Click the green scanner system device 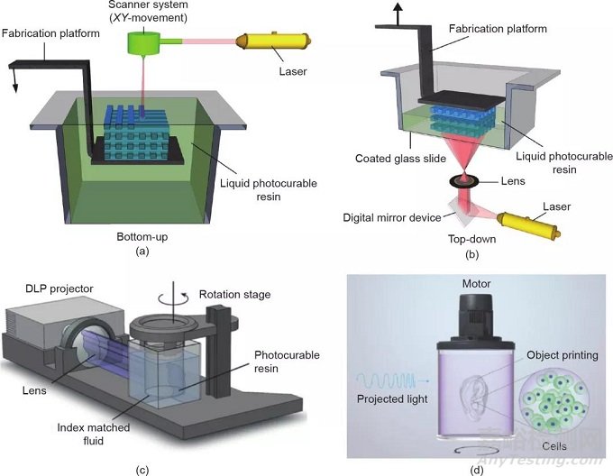145,41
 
